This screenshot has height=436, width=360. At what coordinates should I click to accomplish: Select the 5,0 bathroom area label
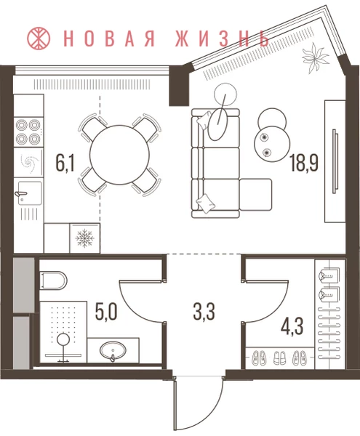coord(106,312)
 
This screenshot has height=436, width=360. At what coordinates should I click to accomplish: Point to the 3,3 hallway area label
coord(204,312)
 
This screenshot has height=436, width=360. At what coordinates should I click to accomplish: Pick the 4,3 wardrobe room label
coord(292,327)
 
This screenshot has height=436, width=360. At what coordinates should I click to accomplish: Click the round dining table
coord(119,155)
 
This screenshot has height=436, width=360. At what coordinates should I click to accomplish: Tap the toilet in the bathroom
coord(53,280)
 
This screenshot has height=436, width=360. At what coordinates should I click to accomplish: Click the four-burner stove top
coord(28,132)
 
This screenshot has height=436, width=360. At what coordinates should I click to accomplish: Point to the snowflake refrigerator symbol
coord(85,238)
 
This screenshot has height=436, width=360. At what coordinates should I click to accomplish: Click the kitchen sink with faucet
coord(30,193)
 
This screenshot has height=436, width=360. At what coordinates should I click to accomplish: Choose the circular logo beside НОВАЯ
coord(39,38)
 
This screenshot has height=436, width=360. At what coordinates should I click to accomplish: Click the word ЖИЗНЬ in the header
coord(222,38)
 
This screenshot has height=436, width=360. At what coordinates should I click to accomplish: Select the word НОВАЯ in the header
coord(111,38)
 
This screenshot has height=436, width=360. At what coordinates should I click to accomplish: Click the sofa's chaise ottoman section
coord(255,195)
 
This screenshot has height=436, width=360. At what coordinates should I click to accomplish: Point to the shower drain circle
coord(63,339)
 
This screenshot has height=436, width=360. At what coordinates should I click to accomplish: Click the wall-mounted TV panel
coord(335,161)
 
